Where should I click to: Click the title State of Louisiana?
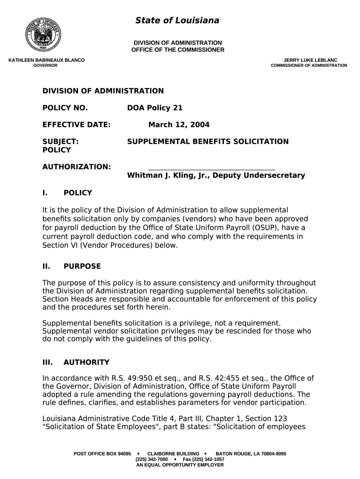pos(177,20)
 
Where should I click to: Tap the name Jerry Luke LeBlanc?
pos(310,60)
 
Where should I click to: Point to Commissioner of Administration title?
pos(309,66)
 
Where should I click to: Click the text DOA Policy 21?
pos(155,108)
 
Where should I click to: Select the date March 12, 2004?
pos(179,125)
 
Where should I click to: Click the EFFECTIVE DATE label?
pos(76,125)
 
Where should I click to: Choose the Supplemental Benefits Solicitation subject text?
pos(208,142)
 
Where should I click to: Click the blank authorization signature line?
pos(211,169)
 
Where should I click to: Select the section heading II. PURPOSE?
pos(71,267)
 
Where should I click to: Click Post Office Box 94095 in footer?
pos(102,454)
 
